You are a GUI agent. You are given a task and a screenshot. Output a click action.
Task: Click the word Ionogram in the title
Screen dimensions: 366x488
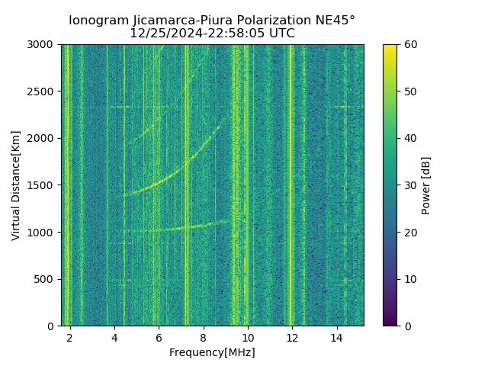click(x=99, y=21)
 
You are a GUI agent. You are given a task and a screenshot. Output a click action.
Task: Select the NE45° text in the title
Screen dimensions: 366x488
click(x=335, y=21)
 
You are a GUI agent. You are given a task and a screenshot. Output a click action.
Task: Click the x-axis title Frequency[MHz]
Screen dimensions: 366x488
click(x=212, y=352)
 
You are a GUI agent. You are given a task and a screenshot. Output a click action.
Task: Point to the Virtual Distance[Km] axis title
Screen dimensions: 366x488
click(x=16, y=185)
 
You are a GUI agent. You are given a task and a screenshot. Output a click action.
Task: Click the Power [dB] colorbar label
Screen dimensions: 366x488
click(x=426, y=185)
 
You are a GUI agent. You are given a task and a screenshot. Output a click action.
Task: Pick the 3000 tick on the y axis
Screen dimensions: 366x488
click(x=43, y=44)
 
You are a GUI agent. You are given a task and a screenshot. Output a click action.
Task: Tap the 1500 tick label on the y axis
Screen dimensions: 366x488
click(x=43, y=185)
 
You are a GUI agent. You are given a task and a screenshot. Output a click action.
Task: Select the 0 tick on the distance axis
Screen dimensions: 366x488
click(x=53, y=326)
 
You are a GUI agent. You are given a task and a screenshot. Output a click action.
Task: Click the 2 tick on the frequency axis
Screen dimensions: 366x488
click(x=70, y=337)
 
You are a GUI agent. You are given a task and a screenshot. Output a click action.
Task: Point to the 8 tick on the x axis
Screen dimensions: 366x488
click(x=204, y=337)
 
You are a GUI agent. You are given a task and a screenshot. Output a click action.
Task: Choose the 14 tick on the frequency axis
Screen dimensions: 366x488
click(x=336, y=337)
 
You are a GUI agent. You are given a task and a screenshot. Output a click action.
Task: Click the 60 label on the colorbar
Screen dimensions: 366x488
click(x=409, y=44)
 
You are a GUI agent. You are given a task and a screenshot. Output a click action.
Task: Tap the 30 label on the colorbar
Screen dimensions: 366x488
click(x=409, y=185)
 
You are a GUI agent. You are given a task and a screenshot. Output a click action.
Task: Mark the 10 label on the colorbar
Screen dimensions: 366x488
click(x=409, y=279)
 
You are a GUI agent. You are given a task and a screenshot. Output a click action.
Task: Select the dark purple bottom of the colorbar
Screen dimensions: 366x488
click(x=390, y=323)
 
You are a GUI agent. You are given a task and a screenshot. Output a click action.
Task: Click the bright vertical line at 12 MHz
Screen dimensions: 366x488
click(x=291, y=183)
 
